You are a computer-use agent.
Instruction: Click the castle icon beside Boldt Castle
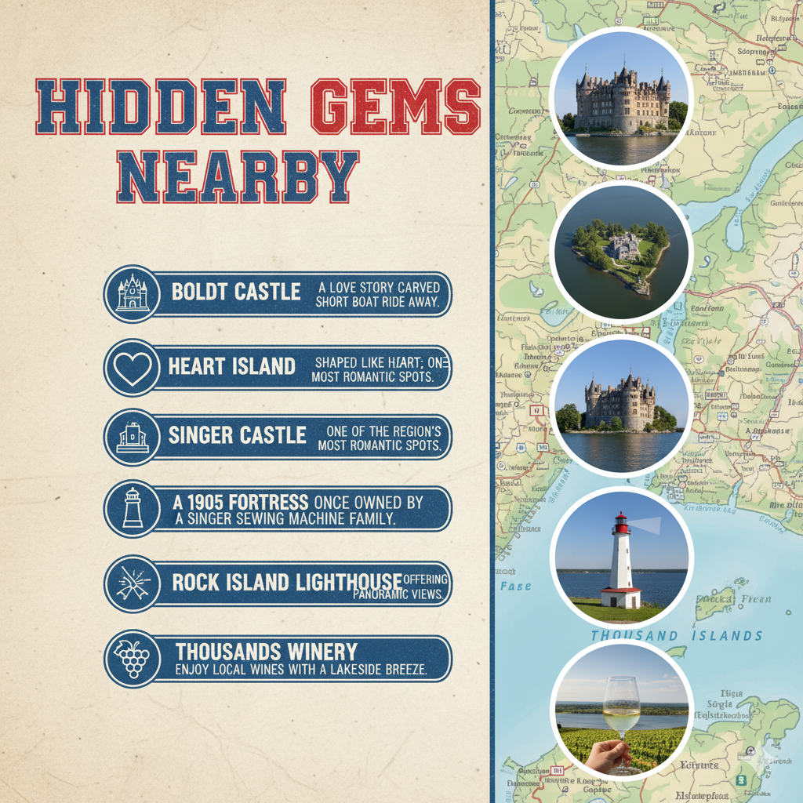click(132, 293)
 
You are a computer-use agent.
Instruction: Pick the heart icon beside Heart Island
click(132, 367)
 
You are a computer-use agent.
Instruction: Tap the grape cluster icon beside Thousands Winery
click(132, 659)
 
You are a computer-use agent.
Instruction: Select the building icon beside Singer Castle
click(132, 437)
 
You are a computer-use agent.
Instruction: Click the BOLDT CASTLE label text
click(236, 292)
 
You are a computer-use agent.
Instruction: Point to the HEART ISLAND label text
click(231, 366)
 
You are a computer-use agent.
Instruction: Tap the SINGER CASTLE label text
click(237, 435)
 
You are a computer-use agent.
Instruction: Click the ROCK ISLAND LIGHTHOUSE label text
click(287, 582)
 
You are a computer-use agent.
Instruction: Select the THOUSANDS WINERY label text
click(266, 652)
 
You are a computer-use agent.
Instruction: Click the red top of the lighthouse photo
click(621, 523)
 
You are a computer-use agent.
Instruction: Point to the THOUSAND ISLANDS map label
click(676, 635)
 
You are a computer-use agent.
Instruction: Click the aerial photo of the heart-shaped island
click(621, 253)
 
